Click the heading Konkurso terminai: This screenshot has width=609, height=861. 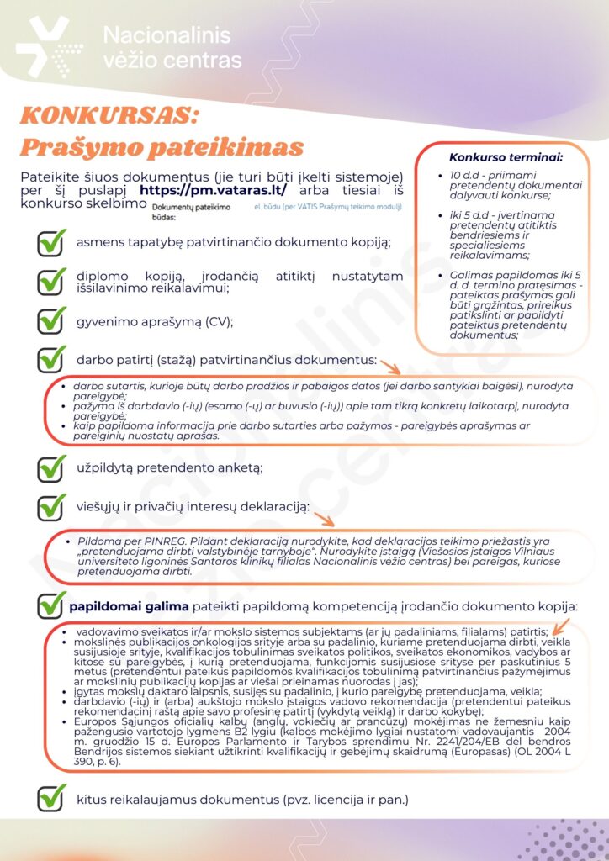(506, 156)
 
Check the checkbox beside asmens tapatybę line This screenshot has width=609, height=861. (52, 242)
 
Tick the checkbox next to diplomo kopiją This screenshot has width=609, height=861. (52, 281)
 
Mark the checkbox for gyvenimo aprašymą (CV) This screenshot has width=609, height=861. (52, 320)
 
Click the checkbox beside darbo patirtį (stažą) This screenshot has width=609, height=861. (52, 359)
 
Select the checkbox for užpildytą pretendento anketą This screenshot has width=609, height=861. (52, 467)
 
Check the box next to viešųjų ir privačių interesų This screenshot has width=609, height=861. (52, 506)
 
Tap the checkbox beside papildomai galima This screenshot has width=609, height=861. (52, 605)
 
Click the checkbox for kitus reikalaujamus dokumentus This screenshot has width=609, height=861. (52, 798)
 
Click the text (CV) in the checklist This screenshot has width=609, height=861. (217, 321)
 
